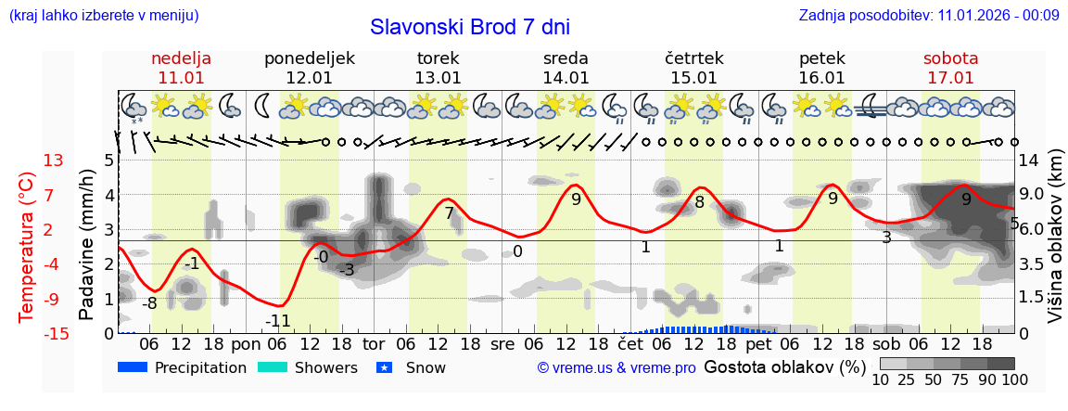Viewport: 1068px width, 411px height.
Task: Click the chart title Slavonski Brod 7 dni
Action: pyautogui.click(x=470, y=27)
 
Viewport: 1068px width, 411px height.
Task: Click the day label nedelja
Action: pyautogui.click(x=182, y=58)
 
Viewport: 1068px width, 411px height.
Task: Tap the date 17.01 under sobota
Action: pyautogui.click(x=950, y=78)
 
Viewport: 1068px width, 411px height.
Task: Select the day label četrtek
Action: pyautogui.click(x=694, y=58)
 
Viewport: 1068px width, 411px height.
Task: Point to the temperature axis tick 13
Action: pyautogui.click(x=54, y=161)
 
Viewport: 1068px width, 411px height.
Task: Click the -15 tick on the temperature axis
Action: pyautogui.click(x=57, y=334)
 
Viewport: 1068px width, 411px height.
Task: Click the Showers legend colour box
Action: pyautogui.click(x=272, y=367)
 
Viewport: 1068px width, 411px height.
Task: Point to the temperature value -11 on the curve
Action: pyautogui.click(x=278, y=321)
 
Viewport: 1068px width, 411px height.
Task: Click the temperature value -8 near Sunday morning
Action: pyautogui.click(x=149, y=303)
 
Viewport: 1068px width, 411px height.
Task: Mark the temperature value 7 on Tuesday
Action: pyautogui.click(x=449, y=213)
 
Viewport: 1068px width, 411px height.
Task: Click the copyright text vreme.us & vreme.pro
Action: pyautogui.click(x=617, y=367)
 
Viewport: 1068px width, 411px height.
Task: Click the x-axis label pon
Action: pyautogui.click(x=246, y=343)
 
